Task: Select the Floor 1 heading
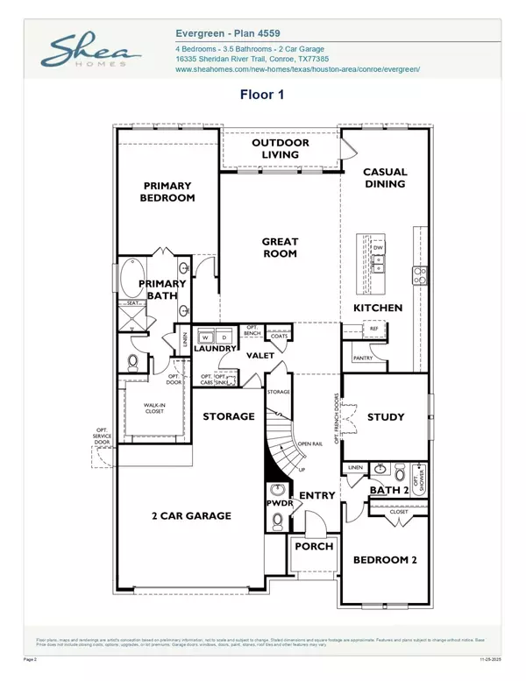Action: pos(263,94)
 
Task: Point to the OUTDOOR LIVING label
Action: pos(281,149)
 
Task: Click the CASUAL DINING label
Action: pos(384,178)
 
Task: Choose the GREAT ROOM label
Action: pos(280,247)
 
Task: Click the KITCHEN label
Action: pos(378,308)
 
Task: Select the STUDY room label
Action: pos(385,416)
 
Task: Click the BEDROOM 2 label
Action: pos(382,559)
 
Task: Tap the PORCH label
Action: pos(314,546)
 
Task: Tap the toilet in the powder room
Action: pos(278,521)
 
